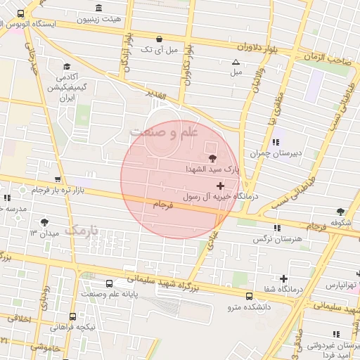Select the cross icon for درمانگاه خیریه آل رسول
[x=221, y=186]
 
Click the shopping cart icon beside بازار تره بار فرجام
[x=57, y=179]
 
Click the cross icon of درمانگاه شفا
[x=284, y=278]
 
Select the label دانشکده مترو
[x=248, y=307]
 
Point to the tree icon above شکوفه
[x=341, y=211]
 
